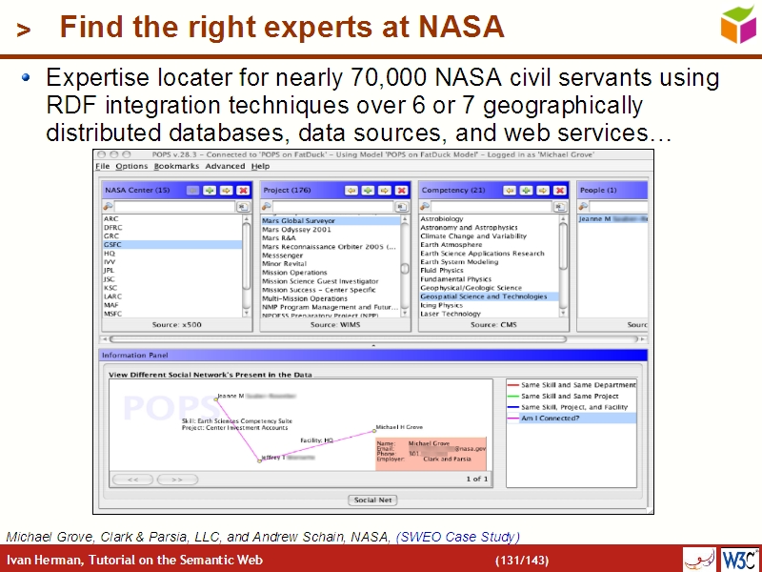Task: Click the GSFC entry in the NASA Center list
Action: point(113,245)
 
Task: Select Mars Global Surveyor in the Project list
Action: point(299,220)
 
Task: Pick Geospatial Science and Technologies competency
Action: point(484,296)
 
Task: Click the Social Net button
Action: point(373,500)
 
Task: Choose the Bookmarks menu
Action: point(176,167)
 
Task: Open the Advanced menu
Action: point(225,167)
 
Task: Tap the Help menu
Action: point(260,167)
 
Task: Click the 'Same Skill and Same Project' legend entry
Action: point(570,396)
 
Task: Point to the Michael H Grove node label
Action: point(399,427)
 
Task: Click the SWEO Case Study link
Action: point(458,537)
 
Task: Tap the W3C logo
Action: point(739,559)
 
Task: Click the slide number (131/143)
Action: point(521,560)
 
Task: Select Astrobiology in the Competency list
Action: point(442,219)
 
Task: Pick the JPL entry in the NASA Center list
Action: point(110,271)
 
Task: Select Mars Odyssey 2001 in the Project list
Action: point(297,229)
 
